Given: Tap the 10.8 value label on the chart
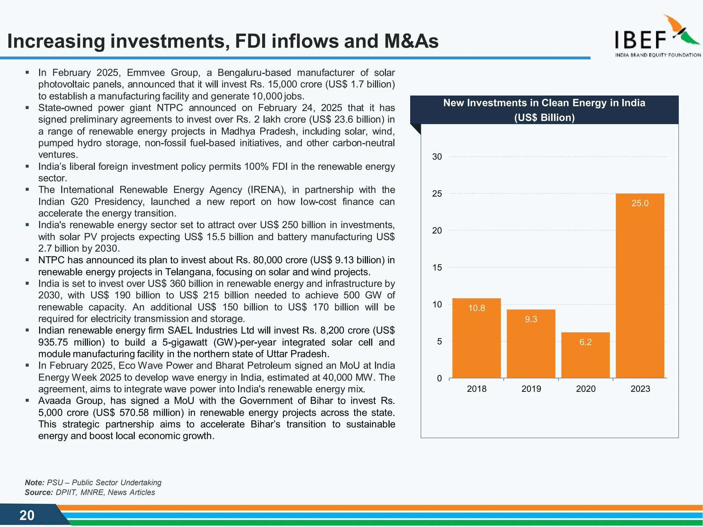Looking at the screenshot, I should (x=476, y=308).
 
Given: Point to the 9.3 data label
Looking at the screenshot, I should (x=531, y=319).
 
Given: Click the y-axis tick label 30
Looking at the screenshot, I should (x=437, y=157).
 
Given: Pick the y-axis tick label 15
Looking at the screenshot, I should (x=437, y=268).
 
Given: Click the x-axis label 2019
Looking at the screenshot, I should (x=531, y=389).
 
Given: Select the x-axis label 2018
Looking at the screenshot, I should (x=476, y=389).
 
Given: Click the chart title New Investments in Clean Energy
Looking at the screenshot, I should (x=544, y=103).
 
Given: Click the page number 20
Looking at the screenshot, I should (x=27, y=515).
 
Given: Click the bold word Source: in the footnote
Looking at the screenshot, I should (x=39, y=492).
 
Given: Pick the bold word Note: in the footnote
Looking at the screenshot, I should (x=34, y=482).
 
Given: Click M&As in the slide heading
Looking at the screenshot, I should (x=411, y=41).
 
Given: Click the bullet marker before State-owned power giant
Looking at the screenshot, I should (x=27, y=108).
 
